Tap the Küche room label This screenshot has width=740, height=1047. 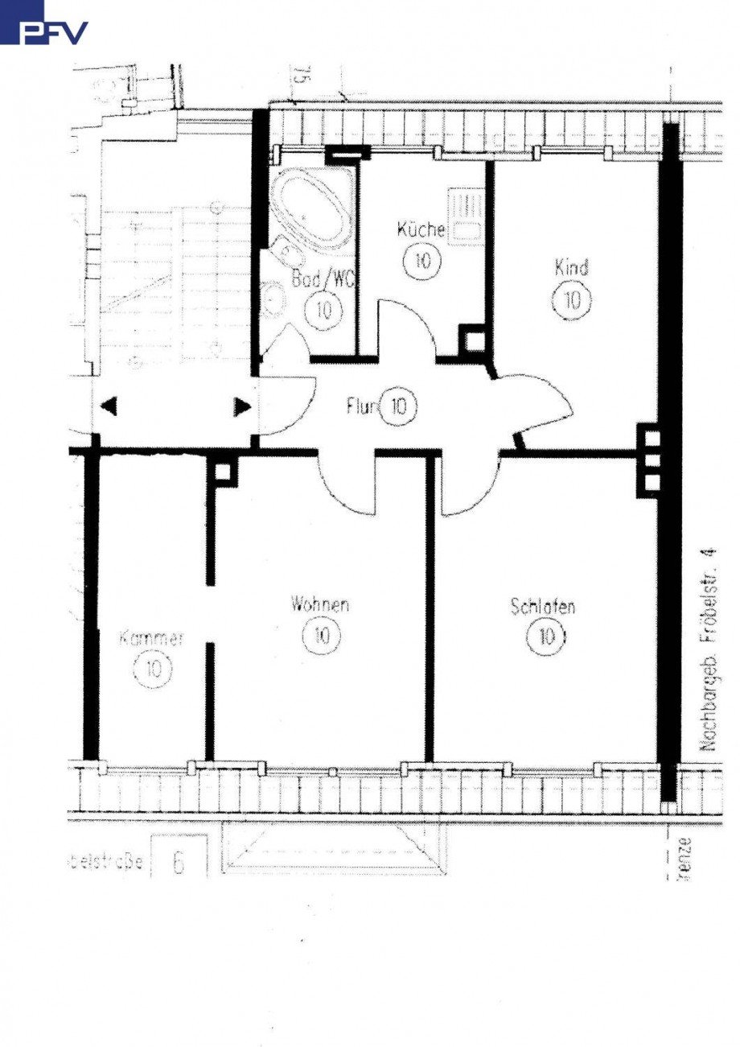coord(421,230)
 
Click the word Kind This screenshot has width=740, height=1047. coord(571,266)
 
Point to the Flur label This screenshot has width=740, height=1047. coord(361,406)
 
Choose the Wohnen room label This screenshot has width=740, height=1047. coord(320,604)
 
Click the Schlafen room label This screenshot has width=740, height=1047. coord(543,607)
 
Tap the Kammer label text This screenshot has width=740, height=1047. coord(152,639)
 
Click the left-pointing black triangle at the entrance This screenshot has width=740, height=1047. coord(109,407)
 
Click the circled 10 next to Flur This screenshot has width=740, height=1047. coord(398,406)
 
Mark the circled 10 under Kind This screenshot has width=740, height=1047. coord(572,300)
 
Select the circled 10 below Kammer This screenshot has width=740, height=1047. coord(154,668)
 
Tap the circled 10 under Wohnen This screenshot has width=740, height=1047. coord(320,636)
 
